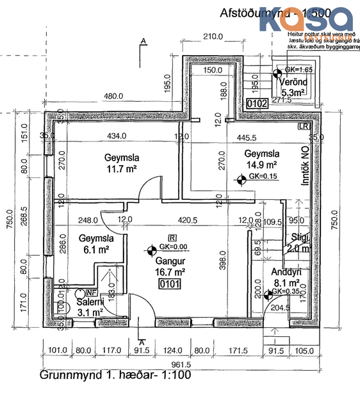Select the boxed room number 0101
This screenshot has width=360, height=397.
pos(168,283)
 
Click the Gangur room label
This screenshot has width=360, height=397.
pos(168,261)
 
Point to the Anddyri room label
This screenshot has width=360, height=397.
pos(286,271)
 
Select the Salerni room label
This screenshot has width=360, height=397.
pos(90,302)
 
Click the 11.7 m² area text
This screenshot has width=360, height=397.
pos(122,168)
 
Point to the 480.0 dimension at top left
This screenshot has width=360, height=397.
pos(113,97)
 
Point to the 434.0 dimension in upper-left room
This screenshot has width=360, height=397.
pos(117,136)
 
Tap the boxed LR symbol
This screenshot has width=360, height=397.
pos(304,127)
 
